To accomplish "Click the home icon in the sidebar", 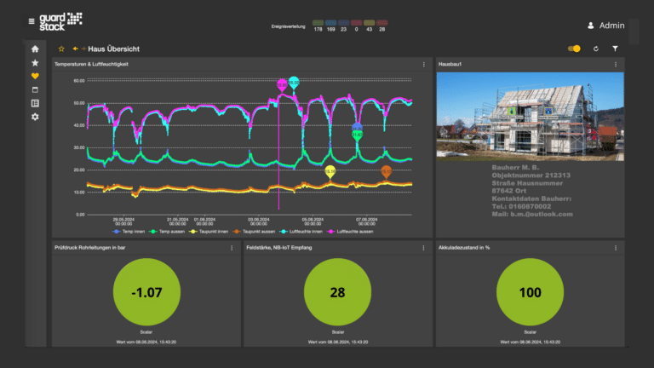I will [35, 49].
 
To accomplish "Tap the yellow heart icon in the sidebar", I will [35, 76].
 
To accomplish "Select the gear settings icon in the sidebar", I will [35, 116].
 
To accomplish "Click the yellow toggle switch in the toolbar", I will [574, 49].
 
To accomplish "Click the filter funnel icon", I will [615, 49].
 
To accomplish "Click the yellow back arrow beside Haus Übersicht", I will [76, 49].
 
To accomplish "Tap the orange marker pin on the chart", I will [386, 171].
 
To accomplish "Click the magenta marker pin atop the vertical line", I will [281, 83].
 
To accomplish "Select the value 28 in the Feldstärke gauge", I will [337, 292].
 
